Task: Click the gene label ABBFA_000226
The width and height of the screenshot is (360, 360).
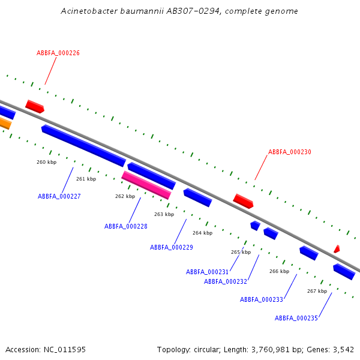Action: (x=58, y=53)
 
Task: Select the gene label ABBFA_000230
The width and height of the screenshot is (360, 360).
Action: (x=290, y=152)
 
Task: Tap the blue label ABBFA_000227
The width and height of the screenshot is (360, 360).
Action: (x=59, y=196)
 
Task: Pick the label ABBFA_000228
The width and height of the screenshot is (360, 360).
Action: (x=126, y=226)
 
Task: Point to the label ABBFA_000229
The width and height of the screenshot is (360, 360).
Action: (x=172, y=247)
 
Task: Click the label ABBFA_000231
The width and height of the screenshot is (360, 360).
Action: (x=208, y=272)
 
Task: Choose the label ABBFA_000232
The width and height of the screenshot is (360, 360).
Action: (x=226, y=281)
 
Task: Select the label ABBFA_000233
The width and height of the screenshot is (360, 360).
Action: (x=262, y=299)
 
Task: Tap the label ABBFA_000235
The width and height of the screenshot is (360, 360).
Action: (x=296, y=318)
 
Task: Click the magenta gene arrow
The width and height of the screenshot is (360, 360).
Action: (x=146, y=185)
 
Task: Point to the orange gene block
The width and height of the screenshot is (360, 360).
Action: (x=5, y=123)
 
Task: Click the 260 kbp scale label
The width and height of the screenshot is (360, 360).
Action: (x=46, y=162)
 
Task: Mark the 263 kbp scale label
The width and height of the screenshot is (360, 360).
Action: (x=164, y=214)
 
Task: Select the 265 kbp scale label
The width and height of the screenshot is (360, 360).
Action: (x=241, y=252)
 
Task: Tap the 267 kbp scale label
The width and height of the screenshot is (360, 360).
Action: (x=317, y=291)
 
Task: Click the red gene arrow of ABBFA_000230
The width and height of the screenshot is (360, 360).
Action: (x=243, y=201)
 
